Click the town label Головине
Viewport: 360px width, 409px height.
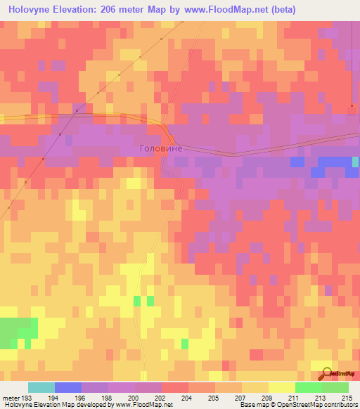[x=161, y=148]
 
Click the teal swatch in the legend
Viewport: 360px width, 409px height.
[x=41, y=387]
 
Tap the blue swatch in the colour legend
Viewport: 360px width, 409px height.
[x=68, y=387]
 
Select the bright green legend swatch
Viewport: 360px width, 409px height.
[x=309, y=387]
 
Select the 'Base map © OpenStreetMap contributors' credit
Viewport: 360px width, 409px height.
[x=298, y=405]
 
